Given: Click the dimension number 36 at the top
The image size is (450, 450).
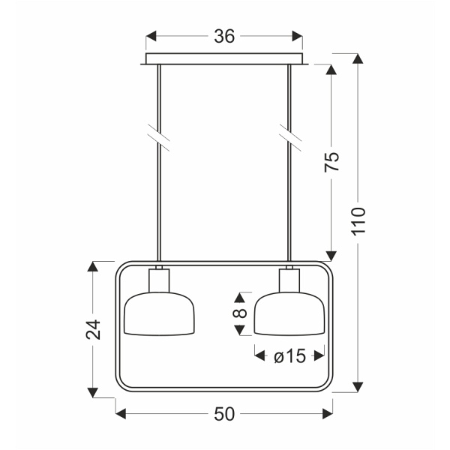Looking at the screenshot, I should click(x=224, y=35).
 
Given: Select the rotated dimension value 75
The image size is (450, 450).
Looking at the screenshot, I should click(x=332, y=162).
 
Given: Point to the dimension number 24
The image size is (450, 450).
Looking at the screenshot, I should click(x=93, y=329).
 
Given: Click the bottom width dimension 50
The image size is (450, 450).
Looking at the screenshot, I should click(x=224, y=413).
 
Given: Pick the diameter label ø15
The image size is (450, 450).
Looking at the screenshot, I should click(x=290, y=357).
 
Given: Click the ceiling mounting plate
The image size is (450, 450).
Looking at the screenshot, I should click(x=224, y=59).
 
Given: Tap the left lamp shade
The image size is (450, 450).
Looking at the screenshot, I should click(x=160, y=315).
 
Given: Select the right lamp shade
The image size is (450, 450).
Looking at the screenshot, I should click(x=290, y=315).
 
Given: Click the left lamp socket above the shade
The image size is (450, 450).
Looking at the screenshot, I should click(x=160, y=281).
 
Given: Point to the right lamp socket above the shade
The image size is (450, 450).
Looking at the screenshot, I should click(x=290, y=281).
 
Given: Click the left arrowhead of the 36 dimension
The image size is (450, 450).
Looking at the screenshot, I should click(x=150, y=35).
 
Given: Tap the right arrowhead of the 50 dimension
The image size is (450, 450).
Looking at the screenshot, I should click(x=328, y=412).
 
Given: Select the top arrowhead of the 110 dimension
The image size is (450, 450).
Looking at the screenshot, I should click(x=358, y=59).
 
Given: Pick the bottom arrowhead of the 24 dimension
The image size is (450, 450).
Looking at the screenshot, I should click(x=93, y=391).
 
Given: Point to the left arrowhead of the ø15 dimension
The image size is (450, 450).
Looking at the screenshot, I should click(x=259, y=356).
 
